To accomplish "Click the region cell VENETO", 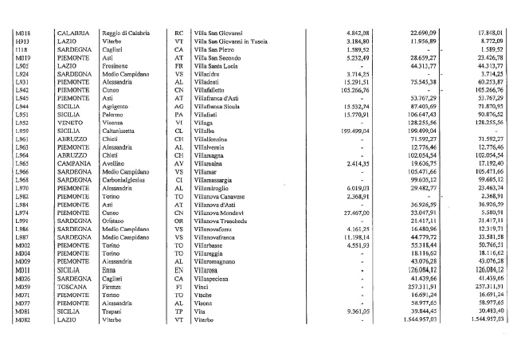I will click(70, 123).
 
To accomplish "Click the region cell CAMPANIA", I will click(74, 163).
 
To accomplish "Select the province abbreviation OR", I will click(179, 221).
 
